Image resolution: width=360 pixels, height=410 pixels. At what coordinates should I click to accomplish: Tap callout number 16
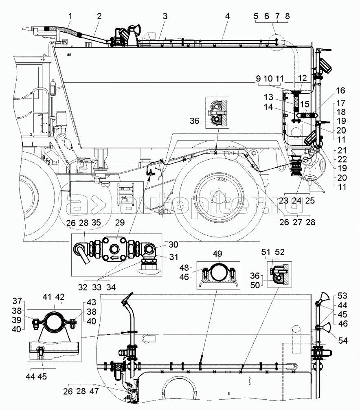(x=340, y=90)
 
